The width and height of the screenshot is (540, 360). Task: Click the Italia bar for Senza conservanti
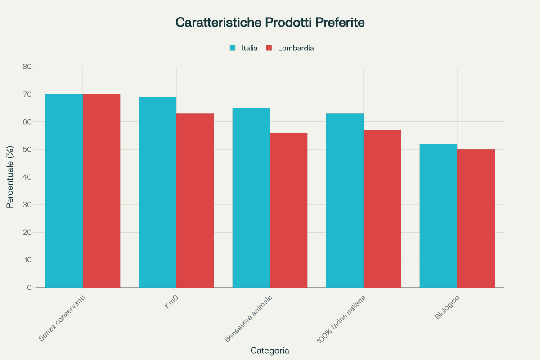point(64,191)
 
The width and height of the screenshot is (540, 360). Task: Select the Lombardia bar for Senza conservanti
point(101,191)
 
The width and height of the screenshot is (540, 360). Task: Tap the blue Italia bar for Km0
point(157,192)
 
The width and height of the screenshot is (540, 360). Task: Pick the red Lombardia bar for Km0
point(195,200)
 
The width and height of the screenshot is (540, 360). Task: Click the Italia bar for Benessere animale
point(251,198)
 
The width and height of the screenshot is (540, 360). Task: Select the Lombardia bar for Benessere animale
point(288,210)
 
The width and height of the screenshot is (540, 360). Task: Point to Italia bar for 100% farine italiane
point(345,200)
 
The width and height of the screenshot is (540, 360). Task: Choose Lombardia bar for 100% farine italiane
point(382,209)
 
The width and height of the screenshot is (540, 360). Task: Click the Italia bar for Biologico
point(438,216)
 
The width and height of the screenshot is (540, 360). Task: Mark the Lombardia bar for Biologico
point(476,218)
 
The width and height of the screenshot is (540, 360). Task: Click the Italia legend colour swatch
point(233,48)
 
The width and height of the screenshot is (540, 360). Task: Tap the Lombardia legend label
point(296,48)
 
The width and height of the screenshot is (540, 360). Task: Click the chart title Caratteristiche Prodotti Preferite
point(270,22)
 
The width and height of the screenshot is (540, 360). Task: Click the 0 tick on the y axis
point(29,288)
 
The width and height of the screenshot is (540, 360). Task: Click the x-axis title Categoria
point(270,351)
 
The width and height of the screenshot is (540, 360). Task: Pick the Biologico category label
point(446,308)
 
